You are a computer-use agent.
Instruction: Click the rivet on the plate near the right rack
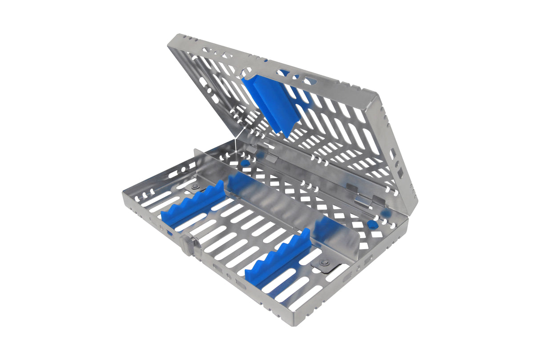pos(326,263)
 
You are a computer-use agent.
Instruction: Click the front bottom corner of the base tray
pos(291,321)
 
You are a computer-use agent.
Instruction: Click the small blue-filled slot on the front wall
pos(169,232)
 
